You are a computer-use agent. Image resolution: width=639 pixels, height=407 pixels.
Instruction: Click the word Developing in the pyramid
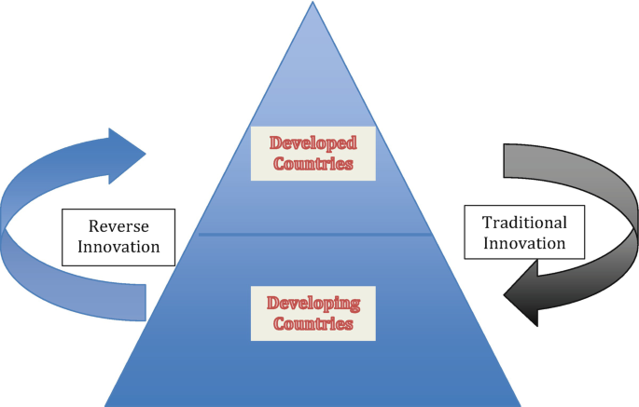(x=313, y=303)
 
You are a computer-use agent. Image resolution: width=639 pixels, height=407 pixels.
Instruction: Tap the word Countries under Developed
(x=313, y=164)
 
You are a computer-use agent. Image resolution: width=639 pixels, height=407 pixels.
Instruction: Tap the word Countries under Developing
(x=313, y=324)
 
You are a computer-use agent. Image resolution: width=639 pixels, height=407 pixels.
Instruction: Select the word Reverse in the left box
(x=118, y=225)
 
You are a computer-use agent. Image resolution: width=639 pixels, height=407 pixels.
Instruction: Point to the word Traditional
(x=523, y=223)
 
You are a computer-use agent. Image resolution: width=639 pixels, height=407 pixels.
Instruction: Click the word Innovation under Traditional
(x=523, y=243)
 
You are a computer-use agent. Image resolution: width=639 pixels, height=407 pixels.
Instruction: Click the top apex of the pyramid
(x=312, y=3)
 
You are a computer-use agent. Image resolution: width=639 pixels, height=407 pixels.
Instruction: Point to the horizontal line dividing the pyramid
(x=313, y=234)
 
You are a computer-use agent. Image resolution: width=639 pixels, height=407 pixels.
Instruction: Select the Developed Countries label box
(x=313, y=153)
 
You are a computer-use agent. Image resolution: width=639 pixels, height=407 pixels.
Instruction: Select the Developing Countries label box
(x=313, y=313)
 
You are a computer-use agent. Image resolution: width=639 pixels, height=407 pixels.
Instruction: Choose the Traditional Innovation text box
(x=523, y=233)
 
